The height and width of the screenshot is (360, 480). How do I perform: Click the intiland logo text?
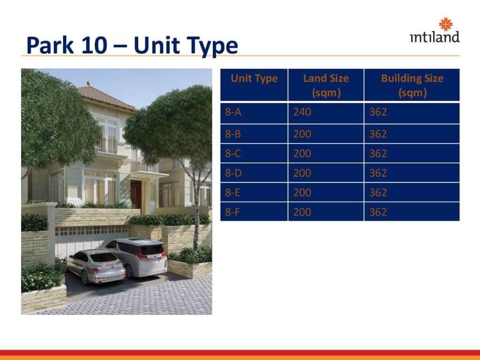tap(435, 37)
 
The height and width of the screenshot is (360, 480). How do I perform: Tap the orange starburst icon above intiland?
tap(446, 24)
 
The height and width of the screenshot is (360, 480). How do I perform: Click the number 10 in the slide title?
tap(94, 45)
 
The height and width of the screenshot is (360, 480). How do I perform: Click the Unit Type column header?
tap(254, 78)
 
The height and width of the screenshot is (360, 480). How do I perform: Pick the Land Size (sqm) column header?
tap(326, 85)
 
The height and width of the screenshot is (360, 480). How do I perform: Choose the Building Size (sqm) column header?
tap(412, 85)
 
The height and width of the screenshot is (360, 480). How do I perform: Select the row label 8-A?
tap(233, 112)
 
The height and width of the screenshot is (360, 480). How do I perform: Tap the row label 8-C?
tap(233, 153)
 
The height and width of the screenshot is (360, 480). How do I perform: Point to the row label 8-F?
tap(232, 212)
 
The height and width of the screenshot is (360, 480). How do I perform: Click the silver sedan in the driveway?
tap(95, 266)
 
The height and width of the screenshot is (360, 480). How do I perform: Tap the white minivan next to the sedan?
tap(138, 256)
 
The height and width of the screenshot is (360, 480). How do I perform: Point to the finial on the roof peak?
tap(88, 82)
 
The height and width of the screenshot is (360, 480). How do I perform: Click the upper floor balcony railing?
tap(107, 146)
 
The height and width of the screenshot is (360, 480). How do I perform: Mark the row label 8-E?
tap(232, 193)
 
